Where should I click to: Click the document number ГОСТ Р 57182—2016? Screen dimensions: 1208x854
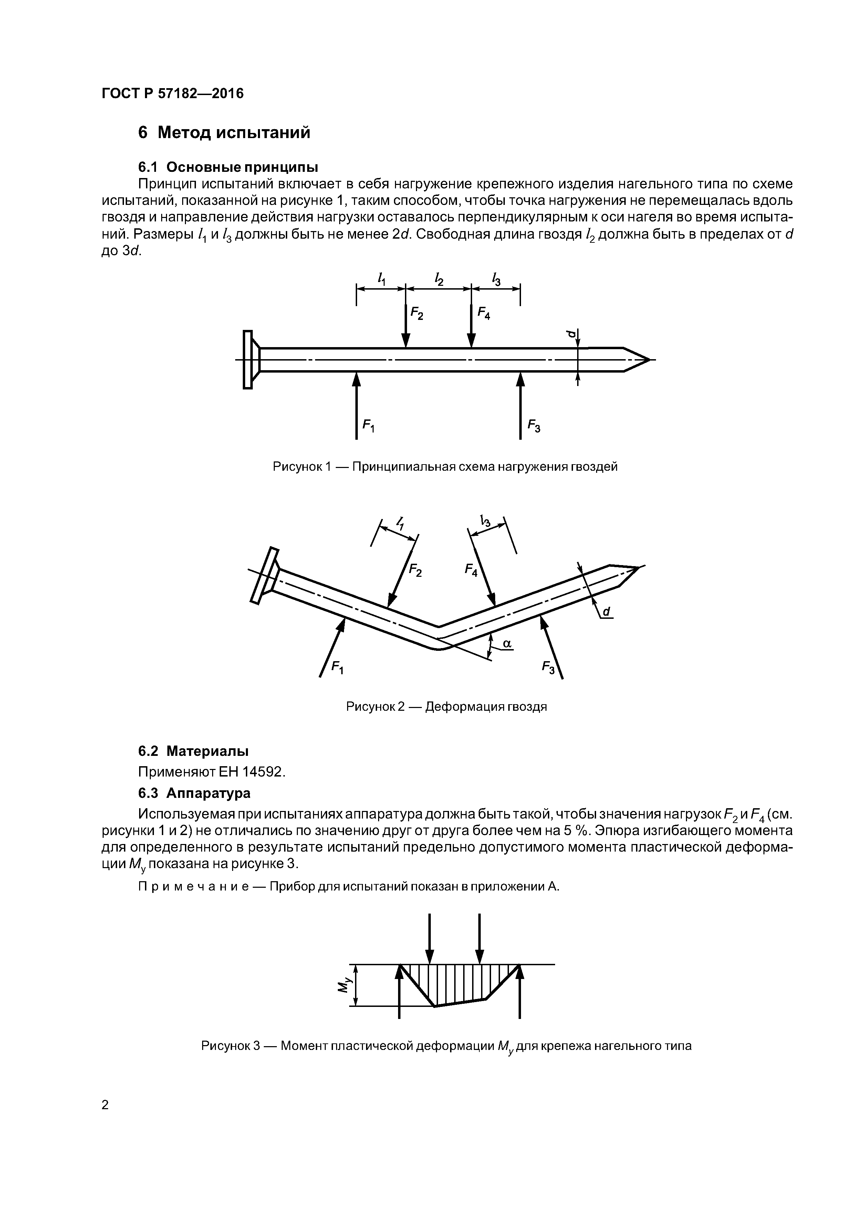(x=173, y=94)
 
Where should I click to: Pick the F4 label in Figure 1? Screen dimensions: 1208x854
(x=483, y=314)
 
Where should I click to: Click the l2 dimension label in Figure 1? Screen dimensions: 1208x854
(x=438, y=279)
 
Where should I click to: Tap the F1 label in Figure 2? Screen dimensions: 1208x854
(x=337, y=668)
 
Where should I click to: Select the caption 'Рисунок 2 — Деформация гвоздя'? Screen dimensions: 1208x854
(x=446, y=707)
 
